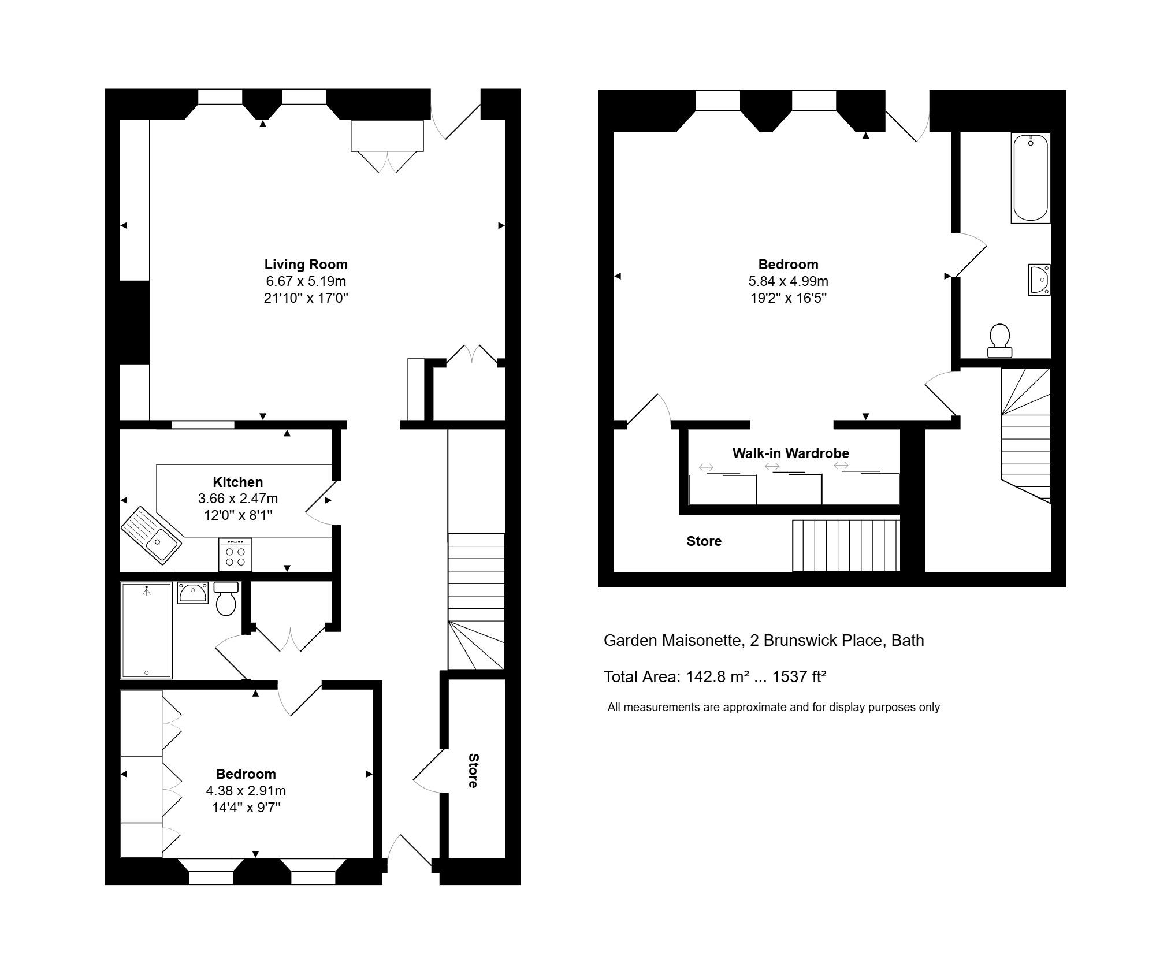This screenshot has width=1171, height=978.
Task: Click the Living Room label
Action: click(306, 265)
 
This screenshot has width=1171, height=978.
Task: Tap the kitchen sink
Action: click(151, 534)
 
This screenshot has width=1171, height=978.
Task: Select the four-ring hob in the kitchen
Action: click(235, 555)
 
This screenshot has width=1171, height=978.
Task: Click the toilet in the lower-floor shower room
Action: click(226, 600)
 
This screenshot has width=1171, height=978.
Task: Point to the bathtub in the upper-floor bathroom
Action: click(1030, 177)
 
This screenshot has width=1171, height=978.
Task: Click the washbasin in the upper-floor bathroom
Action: click(1038, 280)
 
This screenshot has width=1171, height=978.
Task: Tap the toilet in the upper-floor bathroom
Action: click(999, 341)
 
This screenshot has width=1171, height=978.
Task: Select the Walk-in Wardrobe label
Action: click(790, 453)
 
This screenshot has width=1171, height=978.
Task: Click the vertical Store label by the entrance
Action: click(473, 771)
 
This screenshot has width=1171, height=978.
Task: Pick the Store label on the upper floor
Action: click(704, 541)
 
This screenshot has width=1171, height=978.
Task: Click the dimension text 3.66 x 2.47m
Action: click(237, 499)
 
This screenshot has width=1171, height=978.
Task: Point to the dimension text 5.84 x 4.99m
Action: click(788, 281)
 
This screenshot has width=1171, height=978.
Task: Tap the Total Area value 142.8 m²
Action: click(717, 676)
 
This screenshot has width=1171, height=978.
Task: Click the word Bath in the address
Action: click(907, 641)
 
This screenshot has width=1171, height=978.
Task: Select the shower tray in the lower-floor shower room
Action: click(146, 630)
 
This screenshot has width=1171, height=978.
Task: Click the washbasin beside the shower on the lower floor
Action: click(192, 593)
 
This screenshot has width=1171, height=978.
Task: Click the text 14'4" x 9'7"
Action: click(246, 807)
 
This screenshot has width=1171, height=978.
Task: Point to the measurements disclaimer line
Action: click(773, 707)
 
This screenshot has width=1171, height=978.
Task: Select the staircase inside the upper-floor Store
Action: click(845, 545)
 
